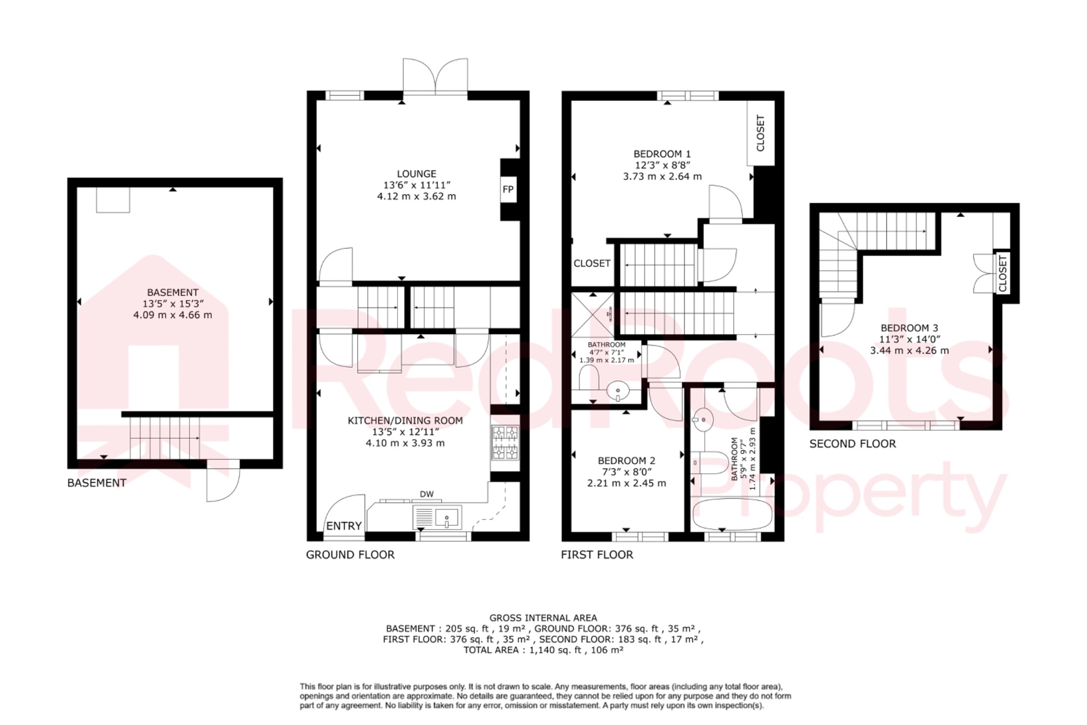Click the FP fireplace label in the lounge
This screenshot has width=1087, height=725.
click(x=508, y=190)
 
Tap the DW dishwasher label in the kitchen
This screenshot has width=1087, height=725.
click(x=427, y=494)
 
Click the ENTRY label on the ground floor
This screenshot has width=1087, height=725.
click(x=344, y=526)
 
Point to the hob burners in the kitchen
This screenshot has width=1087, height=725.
click(x=505, y=442)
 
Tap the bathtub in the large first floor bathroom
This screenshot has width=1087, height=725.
click(x=732, y=514)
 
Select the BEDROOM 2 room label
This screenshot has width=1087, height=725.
click(x=626, y=460)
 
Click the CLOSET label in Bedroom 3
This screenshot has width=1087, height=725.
click(x=1002, y=273)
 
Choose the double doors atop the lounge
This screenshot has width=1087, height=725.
click(x=435, y=77)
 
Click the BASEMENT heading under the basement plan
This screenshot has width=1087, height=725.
click(x=97, y=483)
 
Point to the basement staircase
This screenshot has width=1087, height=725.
click(x=165, y=438)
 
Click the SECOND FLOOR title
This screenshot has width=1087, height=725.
click(x=852, y=443)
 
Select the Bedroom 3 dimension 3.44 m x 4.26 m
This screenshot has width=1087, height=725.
click(x=909, y=351)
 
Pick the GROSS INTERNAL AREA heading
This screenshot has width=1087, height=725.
click(x=543, y=618)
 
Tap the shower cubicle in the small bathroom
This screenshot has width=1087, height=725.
click(x=593, y=315)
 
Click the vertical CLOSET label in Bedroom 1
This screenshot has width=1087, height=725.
click(x=760, y=133)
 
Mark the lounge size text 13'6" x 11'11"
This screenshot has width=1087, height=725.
click(x=417, y=185)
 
